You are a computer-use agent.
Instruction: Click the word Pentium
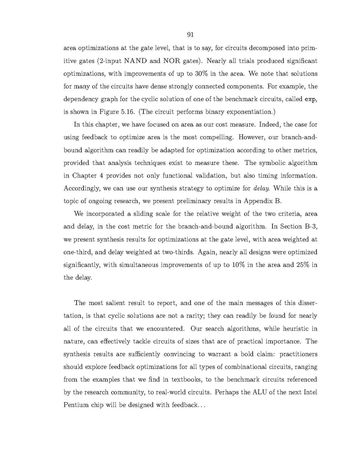pos(75,405)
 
